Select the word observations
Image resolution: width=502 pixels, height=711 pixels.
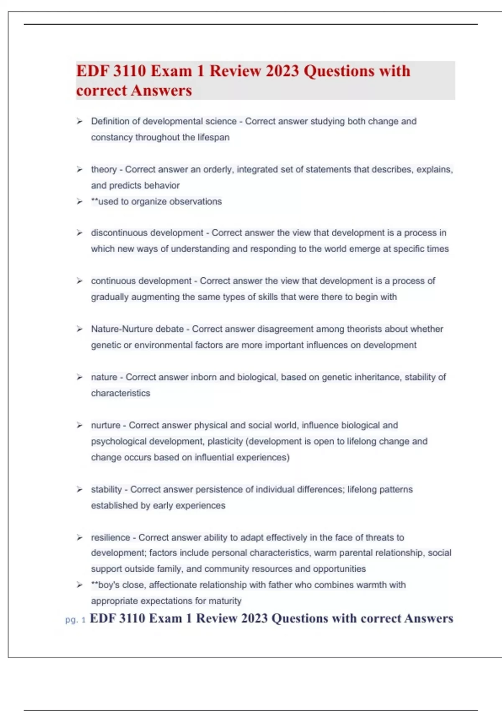[195, 202]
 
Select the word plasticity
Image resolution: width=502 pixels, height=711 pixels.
[225, 441]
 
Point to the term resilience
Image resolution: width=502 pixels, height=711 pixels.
[110, 537]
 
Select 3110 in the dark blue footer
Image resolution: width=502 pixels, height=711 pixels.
[132, 618]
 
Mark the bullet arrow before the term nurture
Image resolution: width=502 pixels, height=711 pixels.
[79, 425]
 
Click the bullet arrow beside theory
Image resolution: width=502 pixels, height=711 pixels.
[79, 169]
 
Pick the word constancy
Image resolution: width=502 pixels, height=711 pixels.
[112, 137]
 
